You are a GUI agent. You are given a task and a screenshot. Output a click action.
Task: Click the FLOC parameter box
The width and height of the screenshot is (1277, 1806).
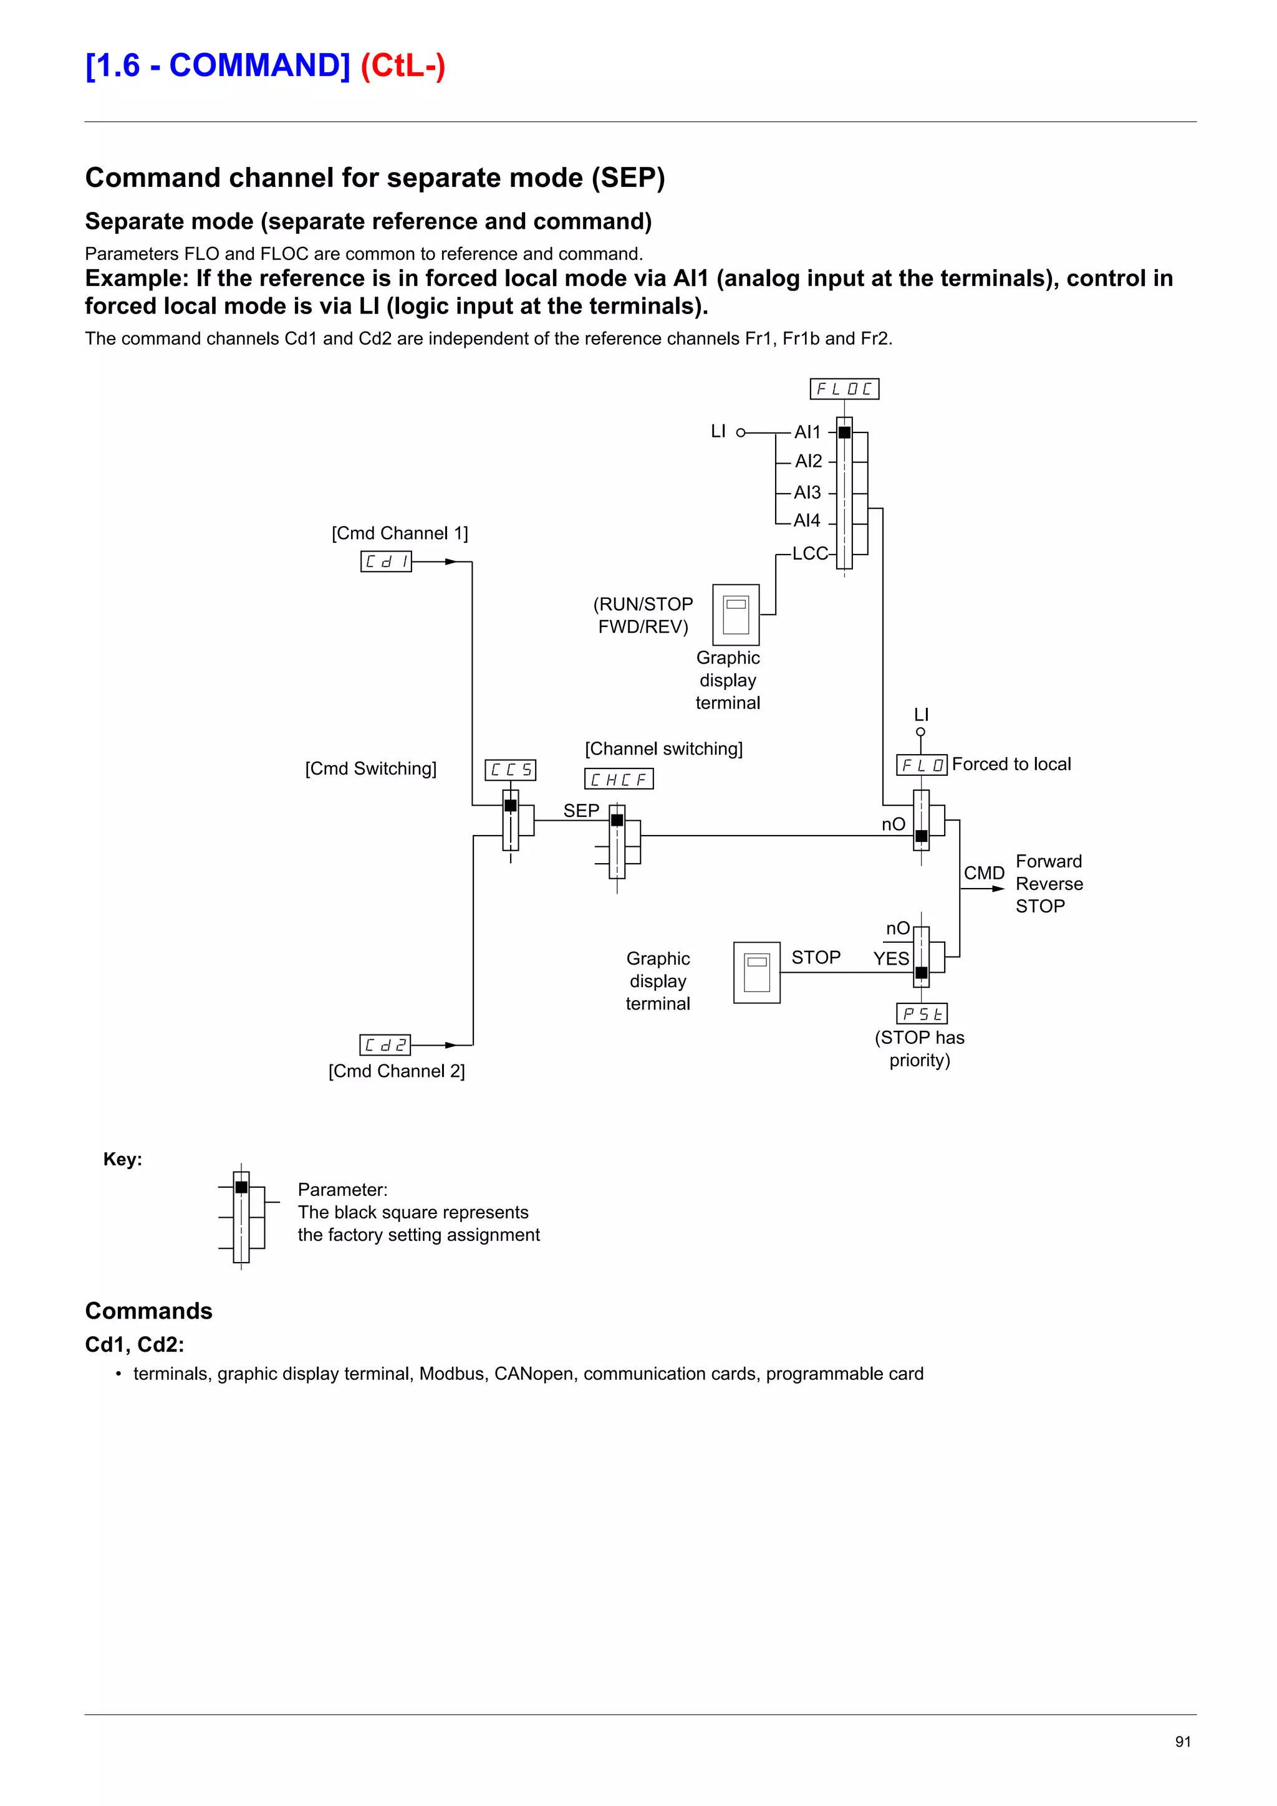[x=844, y=389]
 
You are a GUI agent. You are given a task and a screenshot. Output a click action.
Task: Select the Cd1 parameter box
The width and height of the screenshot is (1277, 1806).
[x=385, y=561]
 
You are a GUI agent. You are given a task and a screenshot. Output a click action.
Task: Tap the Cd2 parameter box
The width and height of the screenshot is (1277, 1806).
[x=385, y=1044]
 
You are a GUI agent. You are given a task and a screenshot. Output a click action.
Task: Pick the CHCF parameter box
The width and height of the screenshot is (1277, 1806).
[x=619, y=779]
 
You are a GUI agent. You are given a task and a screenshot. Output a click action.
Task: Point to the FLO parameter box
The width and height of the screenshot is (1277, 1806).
[x=922, y=765]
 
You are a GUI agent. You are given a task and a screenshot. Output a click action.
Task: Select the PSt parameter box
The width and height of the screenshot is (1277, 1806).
[x=922, y=1014]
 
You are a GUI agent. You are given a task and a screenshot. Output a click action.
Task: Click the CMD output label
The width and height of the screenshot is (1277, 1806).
[x=983, y=873]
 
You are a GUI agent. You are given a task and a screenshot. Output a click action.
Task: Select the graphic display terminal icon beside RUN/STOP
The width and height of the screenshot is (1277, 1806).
[x=736, y=614]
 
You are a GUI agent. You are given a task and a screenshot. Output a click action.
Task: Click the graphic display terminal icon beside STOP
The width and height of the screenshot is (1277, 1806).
[x=756, y=972]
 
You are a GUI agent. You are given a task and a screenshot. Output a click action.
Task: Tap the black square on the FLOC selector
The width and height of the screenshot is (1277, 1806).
[x=844, y=432]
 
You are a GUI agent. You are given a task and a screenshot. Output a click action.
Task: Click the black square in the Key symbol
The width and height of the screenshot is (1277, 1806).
[x=241, y=1187]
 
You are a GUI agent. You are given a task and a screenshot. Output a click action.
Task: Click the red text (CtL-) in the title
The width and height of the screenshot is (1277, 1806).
[x=403, y=65]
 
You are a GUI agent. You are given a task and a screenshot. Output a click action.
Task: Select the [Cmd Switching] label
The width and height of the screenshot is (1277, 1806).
[x=370, y=768]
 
